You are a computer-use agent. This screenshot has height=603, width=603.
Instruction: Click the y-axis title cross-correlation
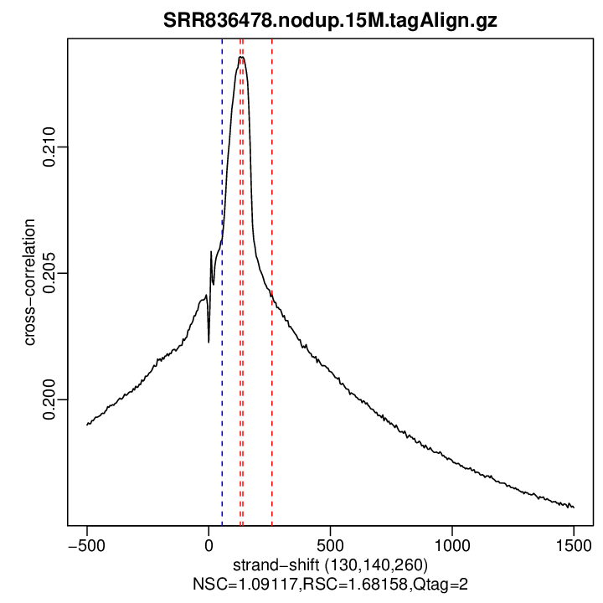pos(30,282)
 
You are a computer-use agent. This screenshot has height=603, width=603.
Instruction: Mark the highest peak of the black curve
pos(241,57)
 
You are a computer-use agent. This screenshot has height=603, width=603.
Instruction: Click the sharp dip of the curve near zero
pos(209,341)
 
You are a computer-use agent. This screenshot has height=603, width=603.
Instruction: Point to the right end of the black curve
pos(574,507)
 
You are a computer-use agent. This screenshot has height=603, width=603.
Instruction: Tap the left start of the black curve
pos(87,425)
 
